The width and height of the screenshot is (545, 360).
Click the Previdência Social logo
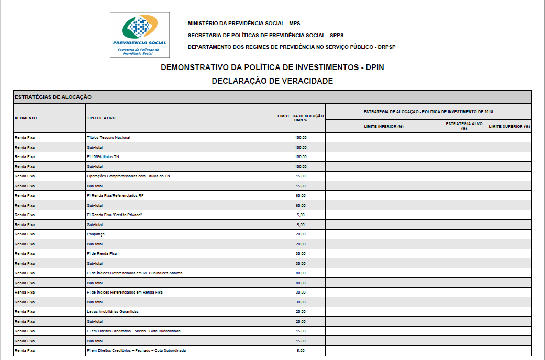(139, 35)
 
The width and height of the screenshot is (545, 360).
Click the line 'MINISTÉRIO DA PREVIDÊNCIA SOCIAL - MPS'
(243, 23)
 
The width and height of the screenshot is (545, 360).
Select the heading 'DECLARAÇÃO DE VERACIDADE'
(272, 81)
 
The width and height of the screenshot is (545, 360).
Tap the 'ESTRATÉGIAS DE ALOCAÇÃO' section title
(53, 97)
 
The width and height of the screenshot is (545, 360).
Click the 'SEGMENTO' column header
(26, 118)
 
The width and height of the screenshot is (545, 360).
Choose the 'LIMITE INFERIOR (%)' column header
(383, 126)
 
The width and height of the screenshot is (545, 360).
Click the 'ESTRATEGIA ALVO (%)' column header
(463, 126)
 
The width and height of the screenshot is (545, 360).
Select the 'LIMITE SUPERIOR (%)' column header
(509, 126)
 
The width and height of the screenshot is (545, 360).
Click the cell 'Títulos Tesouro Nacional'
(108, 137)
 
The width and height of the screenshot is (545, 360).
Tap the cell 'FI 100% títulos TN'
(103, 156)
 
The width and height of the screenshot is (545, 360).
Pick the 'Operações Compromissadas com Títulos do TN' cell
(128, 176)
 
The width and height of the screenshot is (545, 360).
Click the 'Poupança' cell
(96, 234)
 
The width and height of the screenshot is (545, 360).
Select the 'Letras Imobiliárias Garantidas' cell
(113, 311)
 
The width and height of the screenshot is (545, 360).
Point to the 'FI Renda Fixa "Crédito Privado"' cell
(115, 215)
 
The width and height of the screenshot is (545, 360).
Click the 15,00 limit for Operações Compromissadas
(301, 176)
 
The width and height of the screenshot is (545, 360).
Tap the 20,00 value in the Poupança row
(301, 234)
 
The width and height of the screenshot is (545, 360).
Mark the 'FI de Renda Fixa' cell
(102, 253)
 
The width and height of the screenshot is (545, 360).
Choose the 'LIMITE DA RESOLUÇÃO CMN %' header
(301, 118)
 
